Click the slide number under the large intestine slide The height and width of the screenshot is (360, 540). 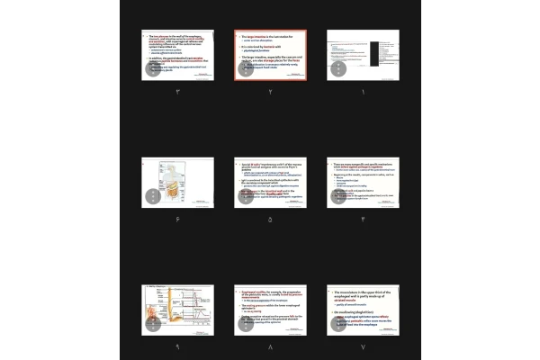pyautogui.click(x=270, y=92)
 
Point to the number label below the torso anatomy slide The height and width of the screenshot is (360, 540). pyautogui.click(x=178, y=219)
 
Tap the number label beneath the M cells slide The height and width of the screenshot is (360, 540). pyautogui.click(x=270, y=219)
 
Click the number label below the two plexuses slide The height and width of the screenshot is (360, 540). pyautogui.click(x=178, y=92)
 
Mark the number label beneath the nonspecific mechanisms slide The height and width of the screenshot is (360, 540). pyautogui.click(x=363, y=219)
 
